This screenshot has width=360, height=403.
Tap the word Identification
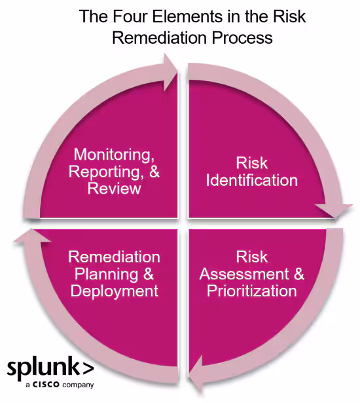tap(252, 180)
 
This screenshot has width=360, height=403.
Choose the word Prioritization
tap(252, 290)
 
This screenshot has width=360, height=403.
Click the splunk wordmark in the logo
tap(41, 368)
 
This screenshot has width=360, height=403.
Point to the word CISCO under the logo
tap(46, 385)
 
